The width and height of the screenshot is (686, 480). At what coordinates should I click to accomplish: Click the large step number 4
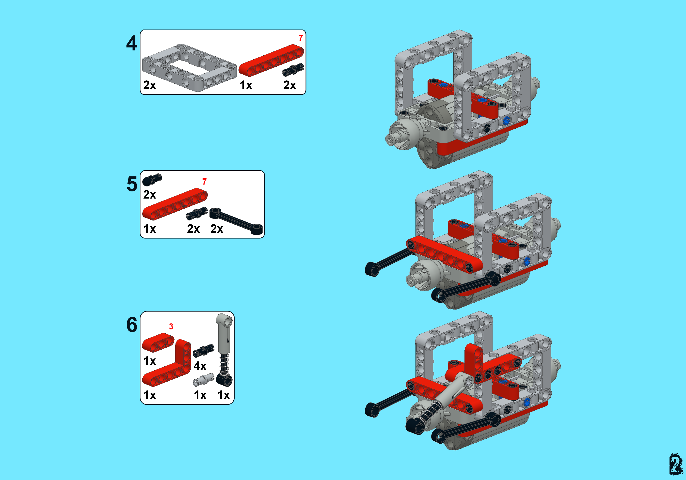(x=131, y=43)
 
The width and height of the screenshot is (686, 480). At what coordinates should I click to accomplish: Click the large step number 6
(x=132, y=325)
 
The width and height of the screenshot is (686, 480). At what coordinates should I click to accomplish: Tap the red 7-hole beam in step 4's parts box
(x=271, y=60)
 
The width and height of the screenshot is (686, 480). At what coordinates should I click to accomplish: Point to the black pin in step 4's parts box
(x=293, y=70)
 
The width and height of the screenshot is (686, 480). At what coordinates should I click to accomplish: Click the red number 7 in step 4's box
(x=301, y=38)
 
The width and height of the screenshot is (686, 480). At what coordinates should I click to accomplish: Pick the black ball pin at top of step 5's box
(x=152, y=180)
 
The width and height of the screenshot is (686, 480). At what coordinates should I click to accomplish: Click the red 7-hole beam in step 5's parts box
(x=175, y=204)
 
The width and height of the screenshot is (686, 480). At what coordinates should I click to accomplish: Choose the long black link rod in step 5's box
(x=236, y=221)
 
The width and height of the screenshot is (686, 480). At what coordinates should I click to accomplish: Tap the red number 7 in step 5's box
(x=204, y=182)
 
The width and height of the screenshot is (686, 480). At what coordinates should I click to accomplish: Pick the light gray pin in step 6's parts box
(x=203, y=380)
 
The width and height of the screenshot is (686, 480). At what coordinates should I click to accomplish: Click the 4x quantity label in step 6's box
(x=200, y=366)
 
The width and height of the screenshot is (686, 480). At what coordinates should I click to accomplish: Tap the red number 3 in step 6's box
(x=171, y=326)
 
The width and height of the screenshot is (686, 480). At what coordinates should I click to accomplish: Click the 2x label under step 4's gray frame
(x=149, y=85)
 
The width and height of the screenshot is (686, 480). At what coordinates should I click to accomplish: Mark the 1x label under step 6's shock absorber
(x=223, y=395)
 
